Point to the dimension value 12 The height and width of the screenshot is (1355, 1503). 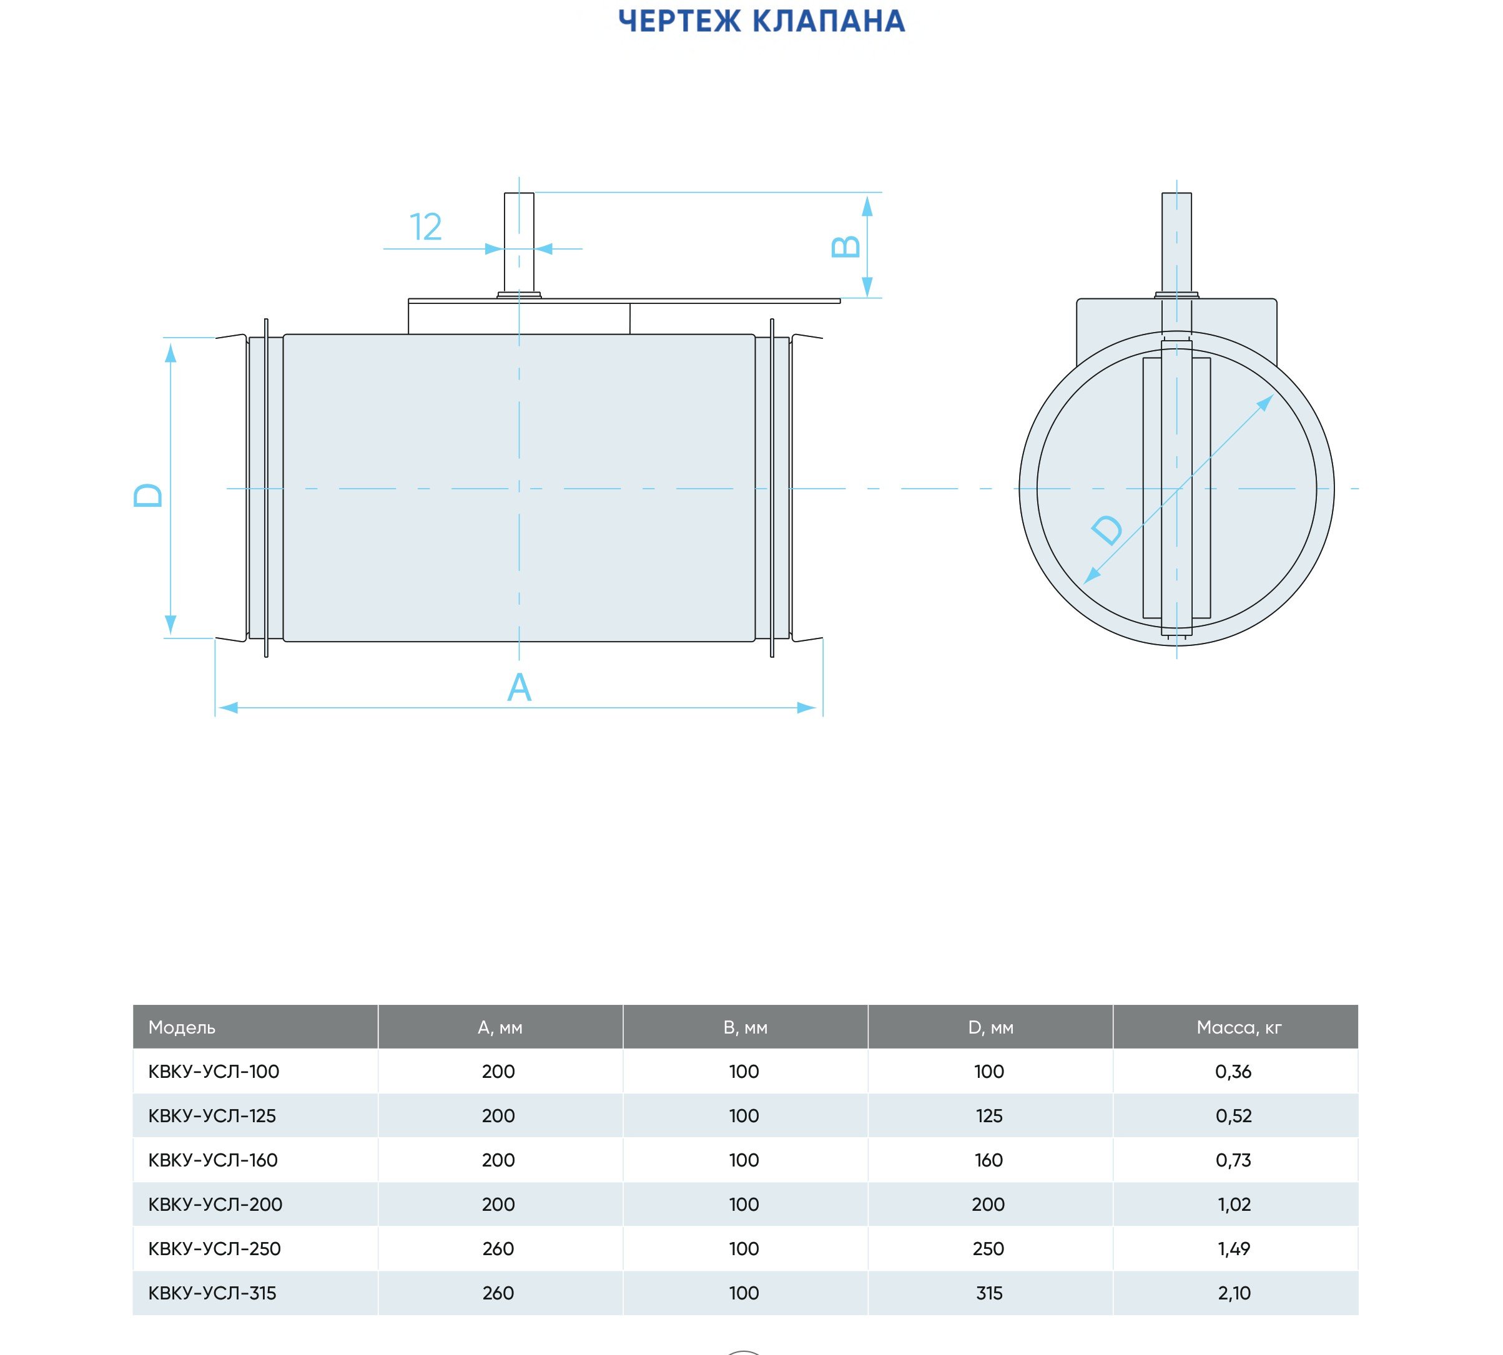(425, 227)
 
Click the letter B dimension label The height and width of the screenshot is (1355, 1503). (845, 247)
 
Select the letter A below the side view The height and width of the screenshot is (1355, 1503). (519, 687)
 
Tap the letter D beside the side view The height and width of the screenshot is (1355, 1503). (148, 495)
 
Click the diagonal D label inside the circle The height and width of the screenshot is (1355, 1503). (1106, 530)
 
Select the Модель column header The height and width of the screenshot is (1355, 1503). (182, 1027)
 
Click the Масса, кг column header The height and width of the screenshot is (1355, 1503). (1239, 1027)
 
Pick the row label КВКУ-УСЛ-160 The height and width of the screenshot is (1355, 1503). (213, 1160)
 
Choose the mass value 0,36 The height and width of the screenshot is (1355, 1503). (1233, 1072)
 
